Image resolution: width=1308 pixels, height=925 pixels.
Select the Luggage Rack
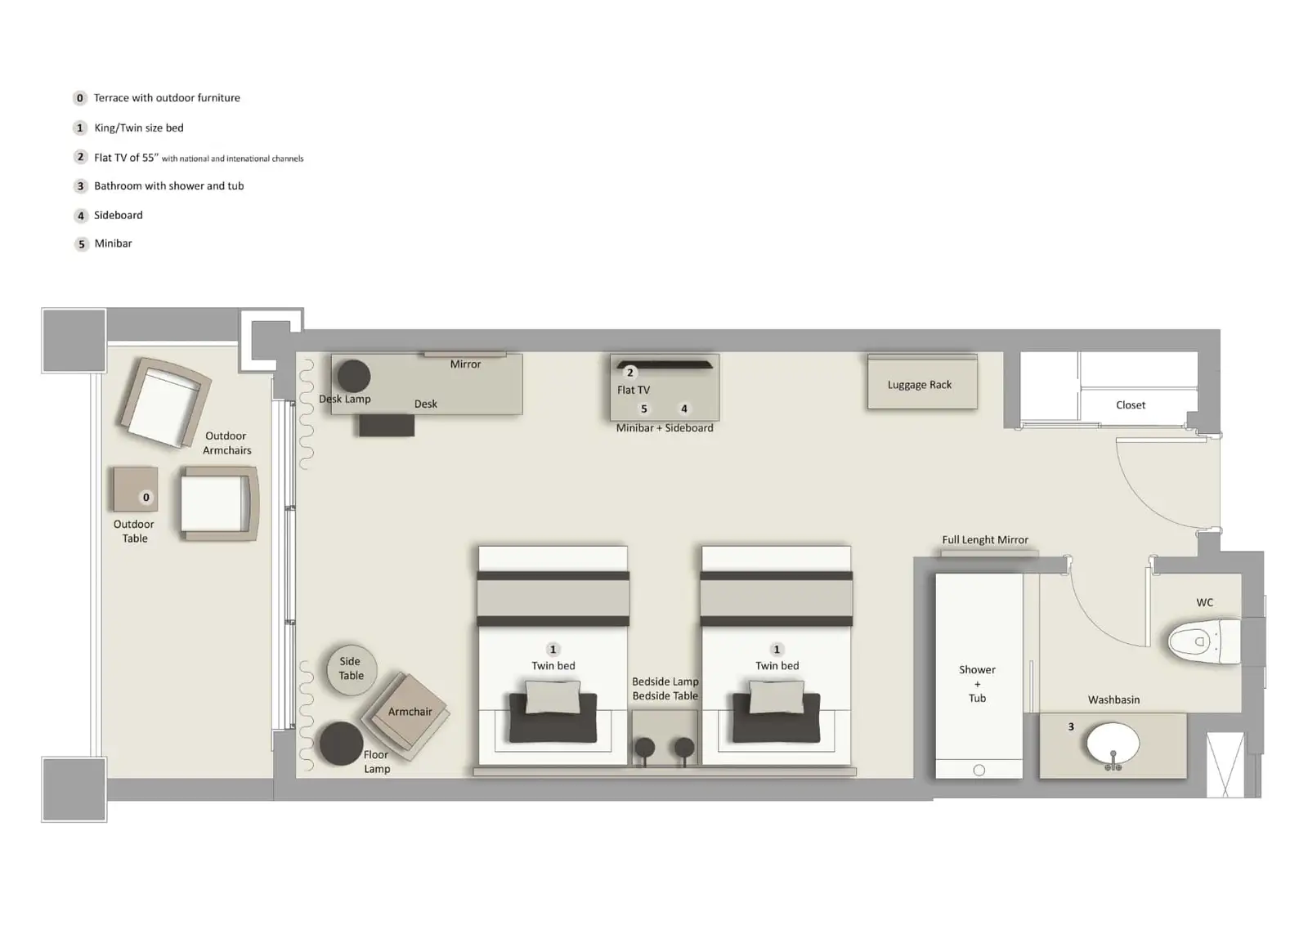tap(921, 383)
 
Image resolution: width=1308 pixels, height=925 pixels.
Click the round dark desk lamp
tap(354, 376)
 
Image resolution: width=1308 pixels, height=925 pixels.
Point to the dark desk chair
tap(386, 425)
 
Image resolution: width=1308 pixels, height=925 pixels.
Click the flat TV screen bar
tap(664, 364)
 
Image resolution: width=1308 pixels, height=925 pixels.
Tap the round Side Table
tap(352, 669)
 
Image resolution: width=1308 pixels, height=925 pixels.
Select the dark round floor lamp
tap(340, 744)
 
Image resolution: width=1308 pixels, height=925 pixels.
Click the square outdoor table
tap(135, 489)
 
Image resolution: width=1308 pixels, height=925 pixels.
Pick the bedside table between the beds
tap(665, 735)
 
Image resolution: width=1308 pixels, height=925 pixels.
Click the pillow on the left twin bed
tap(553, 697)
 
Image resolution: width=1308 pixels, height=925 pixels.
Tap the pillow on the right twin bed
tap(776, 697)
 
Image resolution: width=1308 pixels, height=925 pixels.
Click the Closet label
tap(1130, 405)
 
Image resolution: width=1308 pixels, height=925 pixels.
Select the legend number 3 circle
tap(80, 186)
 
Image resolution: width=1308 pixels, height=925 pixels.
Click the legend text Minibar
tap(113, 244)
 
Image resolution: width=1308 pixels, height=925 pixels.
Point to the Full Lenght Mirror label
tap(984, 540)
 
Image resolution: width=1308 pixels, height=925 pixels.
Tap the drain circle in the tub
tap(979, 770)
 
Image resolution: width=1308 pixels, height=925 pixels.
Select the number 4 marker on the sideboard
tap(684, 409)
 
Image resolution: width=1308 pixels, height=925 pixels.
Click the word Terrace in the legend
tap(111, 98)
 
